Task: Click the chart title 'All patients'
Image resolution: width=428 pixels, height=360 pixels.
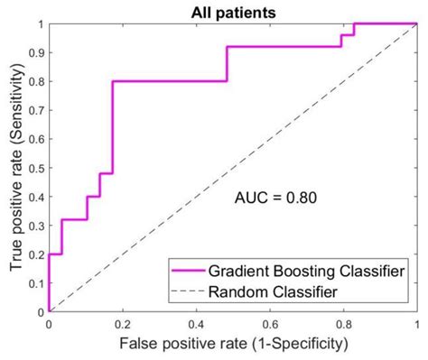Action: (232, 12)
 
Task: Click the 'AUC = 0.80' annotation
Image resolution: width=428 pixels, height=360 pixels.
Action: (270, 195)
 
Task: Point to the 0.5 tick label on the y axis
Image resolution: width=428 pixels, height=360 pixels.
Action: (34, 168)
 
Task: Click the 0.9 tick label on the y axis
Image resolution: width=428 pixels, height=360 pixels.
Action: (34, 52)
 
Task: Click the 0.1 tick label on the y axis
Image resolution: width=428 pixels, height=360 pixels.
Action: (34, 283)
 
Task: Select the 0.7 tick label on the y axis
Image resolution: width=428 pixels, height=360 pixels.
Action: (34, 110)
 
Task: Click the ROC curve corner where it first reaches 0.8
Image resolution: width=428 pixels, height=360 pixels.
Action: (112, 81)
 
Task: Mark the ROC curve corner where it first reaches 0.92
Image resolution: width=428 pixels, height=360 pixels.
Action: (226, 47)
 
